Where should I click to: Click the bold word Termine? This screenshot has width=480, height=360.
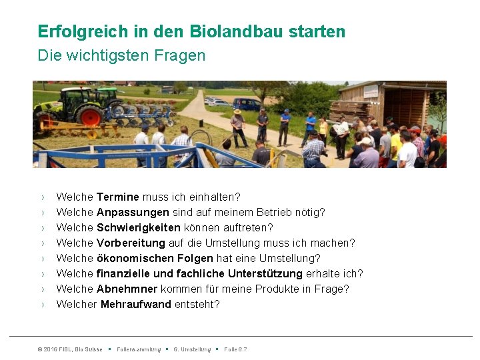click(118, 197)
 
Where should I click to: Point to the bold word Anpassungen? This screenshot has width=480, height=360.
click(133, 213)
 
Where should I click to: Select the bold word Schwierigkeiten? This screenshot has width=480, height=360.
click(137, 228)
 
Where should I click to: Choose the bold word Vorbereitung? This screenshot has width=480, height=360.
click(131, 243)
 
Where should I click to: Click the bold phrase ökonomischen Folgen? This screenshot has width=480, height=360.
click(155, 259)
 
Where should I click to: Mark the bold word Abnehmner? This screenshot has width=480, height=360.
click(127, 289)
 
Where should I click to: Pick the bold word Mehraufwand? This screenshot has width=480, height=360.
click(136, 305)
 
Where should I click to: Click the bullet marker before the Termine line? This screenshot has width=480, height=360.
click(42, 197)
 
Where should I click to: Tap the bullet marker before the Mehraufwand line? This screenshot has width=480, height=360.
click(42, 305)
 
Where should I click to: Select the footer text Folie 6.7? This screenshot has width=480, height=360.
click(235, 349)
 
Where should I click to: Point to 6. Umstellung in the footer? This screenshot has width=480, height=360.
click(192, 349)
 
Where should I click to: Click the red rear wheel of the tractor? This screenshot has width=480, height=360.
click(89, 115)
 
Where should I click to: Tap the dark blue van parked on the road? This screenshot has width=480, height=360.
click(246, 104)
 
